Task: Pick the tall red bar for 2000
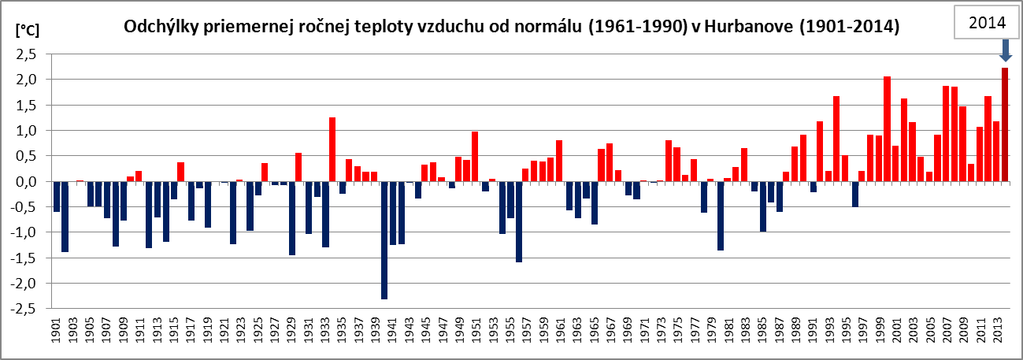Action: (x=887, y=129)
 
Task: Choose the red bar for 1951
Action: (x=476, y=157)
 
